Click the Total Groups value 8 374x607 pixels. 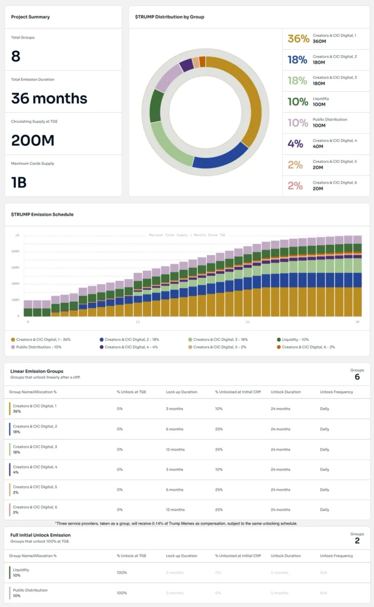coord(16,56)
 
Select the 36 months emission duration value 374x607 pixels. coord(49,98)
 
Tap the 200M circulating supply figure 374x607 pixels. coord(33,140)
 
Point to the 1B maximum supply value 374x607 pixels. coord(19,183)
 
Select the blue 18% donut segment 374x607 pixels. coord(219,155)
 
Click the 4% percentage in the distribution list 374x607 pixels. coord(295,143)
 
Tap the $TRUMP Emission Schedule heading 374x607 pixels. coord(42,214)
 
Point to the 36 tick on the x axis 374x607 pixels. coord(357,322)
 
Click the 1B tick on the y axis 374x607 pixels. coord(17,235)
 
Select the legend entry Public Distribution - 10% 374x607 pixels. coord(37,347)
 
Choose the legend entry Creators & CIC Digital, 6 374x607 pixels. coord(308,347)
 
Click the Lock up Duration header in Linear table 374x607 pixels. coord(182,392)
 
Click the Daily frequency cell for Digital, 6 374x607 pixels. coord(324,510)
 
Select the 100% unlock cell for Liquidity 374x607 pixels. coord(122,573)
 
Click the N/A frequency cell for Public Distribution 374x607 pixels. coord(324,593)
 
